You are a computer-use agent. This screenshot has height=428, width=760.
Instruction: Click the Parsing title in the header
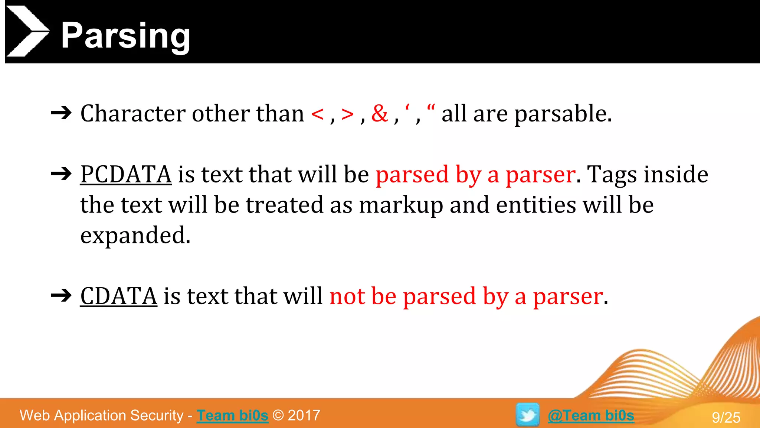pyautogui.click(x=125, y=36)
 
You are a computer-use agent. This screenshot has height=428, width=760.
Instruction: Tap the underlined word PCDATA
pyautogui.click(x=126, y=174)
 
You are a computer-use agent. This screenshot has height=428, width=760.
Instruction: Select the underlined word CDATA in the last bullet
pyautogui.click(x=119, y=296)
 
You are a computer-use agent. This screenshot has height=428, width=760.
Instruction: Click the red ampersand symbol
pyautogui.click(x=380, y=113)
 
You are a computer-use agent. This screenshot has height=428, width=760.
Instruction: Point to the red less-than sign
pyautogui.click(x=318, y=114)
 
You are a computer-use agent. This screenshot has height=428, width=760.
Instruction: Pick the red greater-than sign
pyautogui.click(x=348, y=114)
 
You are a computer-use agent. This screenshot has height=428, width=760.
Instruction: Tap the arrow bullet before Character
pyautogui.click(x=61, y=113)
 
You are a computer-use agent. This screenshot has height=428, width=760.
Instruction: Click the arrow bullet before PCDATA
pyautogui.click(x=61, y=174)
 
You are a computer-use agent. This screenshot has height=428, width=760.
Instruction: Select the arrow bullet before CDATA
pyautogui.click(x=61, y=295)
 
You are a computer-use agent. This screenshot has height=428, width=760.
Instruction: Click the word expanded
pyautogui.click(x=135, y=235)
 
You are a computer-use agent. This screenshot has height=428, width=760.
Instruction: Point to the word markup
pyautogui.click(x=401, y=205)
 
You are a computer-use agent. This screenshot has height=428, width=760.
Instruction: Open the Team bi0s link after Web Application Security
pyautogui.click(x=232, y=415)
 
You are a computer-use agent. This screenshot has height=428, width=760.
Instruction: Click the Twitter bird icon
pyautogui.click(x=527, y=415)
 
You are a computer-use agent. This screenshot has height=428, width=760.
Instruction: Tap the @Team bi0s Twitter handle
pyautogui.click(x=591, y=415)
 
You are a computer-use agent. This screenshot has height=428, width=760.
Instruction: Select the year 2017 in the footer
pyautogui.click(x=304, y=415)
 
